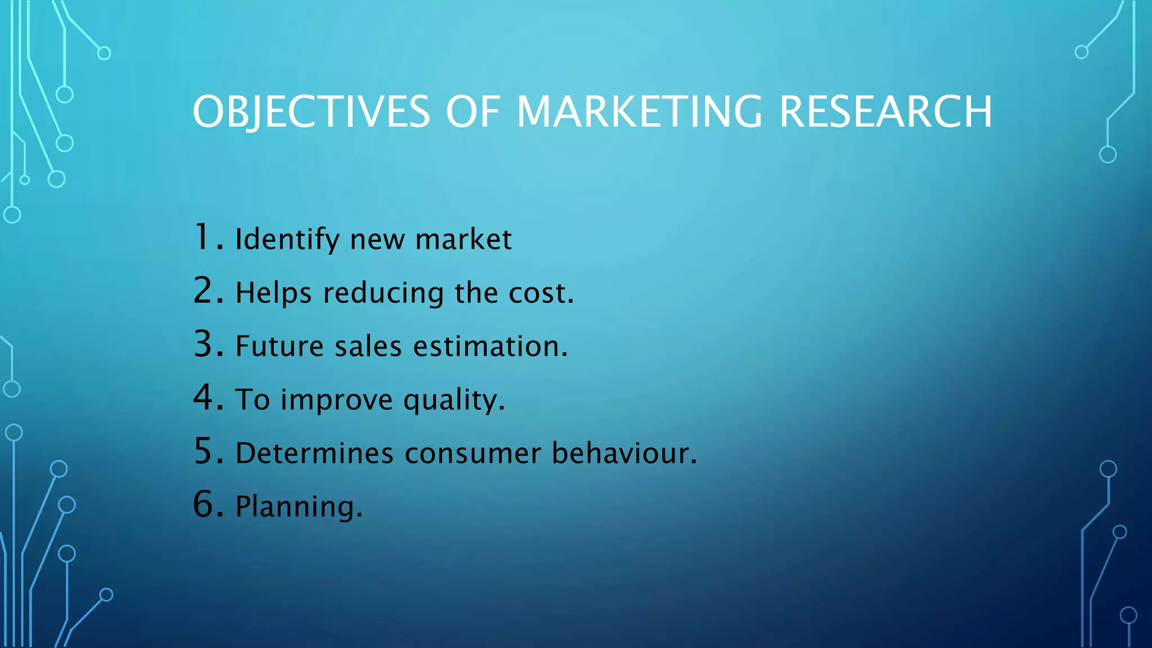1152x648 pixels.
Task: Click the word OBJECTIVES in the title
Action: (x=311, y=112)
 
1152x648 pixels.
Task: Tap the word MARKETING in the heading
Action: (x=639, y=112)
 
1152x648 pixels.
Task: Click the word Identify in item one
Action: (x=287, y=240)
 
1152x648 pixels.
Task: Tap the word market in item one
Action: (x=463, y=240)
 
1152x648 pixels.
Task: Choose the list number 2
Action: (x=203, y=291)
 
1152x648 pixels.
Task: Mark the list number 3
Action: (x=203, y=344)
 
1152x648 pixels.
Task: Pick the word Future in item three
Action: (x=280, y=346)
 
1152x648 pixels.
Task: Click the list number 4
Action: (x=203, y=397)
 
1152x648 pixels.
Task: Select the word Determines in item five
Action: (x=314, y=453)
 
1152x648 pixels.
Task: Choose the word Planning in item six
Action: (x=295, y=507)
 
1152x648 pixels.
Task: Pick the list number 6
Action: (x=203, y=504)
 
